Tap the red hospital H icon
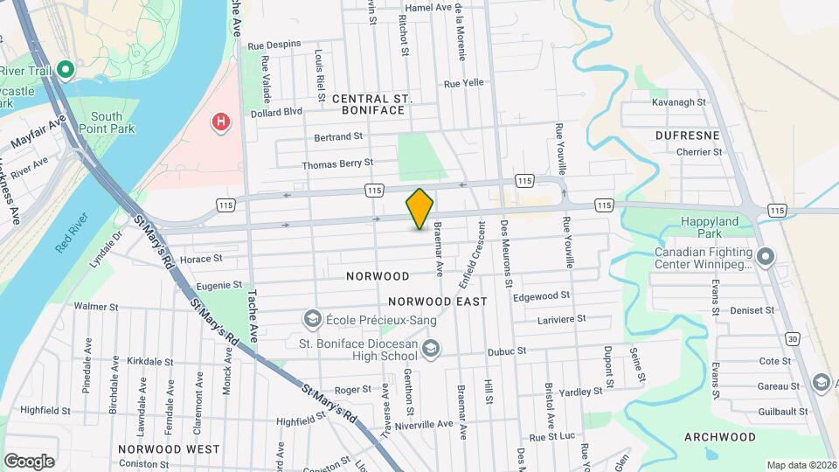click(221, 121)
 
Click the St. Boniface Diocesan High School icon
click(430, 350)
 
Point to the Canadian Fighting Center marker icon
click(766, 257)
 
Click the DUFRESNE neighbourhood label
click(687, 135)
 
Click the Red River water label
click(73, 233)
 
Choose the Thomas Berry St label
click(337, 163)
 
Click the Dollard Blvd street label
click(276, 112)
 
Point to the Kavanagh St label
click(678, 102)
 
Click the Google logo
click(29, 461)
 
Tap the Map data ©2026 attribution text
click(801, 465)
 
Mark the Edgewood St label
click(542, 296)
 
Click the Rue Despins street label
click(274, 44)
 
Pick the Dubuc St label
click(506, 351)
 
